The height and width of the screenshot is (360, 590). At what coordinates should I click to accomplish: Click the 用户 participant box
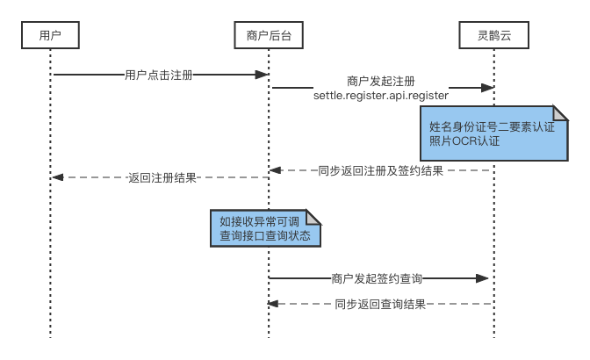pos(50,35)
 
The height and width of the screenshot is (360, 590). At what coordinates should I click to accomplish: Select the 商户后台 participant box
pos(269,35)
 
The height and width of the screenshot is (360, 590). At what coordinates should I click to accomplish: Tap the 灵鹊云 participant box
pos(493,35)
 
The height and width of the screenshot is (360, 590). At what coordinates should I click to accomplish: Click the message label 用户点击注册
pos(159,75)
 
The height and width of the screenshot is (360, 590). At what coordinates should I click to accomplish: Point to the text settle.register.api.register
pos(381,95)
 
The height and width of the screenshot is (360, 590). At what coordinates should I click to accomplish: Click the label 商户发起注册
pos(381,81)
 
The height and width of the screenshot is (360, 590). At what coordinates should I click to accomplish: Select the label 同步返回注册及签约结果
pos(381,170)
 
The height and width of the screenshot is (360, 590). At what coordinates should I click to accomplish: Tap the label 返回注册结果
pos(162,177)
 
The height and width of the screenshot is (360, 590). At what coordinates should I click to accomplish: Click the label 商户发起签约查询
pos(378,278)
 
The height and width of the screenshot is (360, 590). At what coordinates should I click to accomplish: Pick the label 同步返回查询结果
pos(380,304)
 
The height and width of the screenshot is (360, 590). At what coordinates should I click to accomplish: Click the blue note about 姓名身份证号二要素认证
pos(493,133)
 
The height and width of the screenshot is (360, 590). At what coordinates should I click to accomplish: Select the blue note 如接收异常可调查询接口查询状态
pos(264,228)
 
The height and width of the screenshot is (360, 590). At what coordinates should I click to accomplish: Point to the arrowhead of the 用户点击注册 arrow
pos(263,75)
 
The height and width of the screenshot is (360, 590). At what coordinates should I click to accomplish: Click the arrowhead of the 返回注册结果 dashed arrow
pos(55,177)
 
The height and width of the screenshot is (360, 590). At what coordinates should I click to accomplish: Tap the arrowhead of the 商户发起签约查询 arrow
pos(483,278)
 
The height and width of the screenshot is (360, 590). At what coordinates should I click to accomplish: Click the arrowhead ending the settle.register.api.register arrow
pos(489,88)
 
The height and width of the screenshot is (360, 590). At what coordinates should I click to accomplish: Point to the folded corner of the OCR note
pos(559,113)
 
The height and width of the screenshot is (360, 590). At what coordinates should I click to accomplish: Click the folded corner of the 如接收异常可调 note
pos(313,217)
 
